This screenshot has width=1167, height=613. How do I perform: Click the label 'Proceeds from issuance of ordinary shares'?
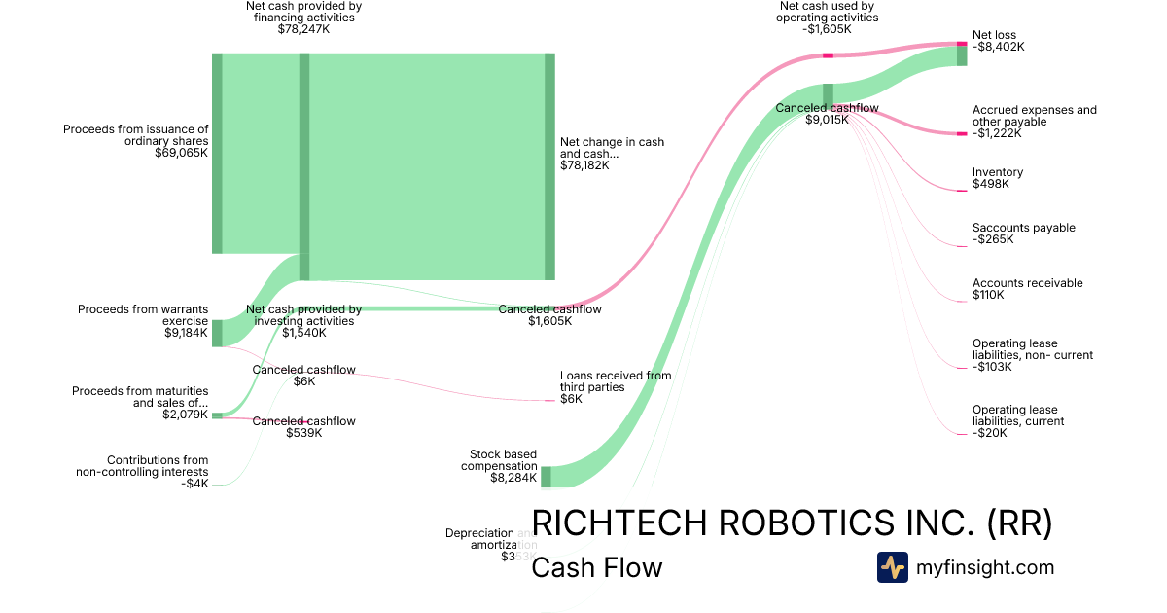click(x=136, y=134)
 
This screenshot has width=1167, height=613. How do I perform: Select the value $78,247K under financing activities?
click(x=303, y=29)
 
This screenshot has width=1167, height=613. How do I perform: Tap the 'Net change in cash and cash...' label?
click(x=612, y=148)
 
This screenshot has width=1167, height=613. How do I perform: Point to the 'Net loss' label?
click(x=994, y=35)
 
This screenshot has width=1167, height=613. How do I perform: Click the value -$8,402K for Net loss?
click(x=999, y=47)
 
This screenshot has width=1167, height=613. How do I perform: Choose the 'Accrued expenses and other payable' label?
click(x=1034, y=116)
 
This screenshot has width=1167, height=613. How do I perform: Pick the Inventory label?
click(x=998, y=172)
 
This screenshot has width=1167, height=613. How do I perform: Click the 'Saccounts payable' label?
click(x=1023, y=228)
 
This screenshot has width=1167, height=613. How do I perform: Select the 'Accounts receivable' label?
click(x=1027, y=283)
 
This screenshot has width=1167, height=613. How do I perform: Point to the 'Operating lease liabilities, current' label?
click(x=1018, y=415)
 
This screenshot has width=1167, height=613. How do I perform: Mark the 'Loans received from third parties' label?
click(x=615, y=381)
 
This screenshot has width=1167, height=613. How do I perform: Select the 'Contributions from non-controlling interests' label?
click(x=143, y=466)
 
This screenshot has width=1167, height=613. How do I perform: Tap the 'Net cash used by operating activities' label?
click(x=829, y=12)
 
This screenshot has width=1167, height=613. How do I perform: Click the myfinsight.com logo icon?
click(x=892, y=567)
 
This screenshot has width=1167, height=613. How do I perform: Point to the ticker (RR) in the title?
click(x=1019, y=523)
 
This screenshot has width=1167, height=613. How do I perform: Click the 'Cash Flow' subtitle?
click(x=596, y=567)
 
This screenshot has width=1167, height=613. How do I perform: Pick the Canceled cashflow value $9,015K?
click(x=827, y=120)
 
